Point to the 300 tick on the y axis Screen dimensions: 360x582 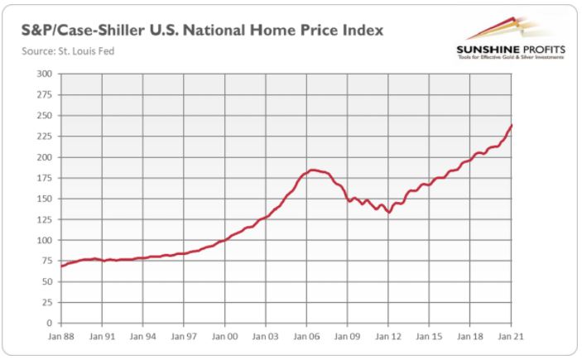pos(46,74)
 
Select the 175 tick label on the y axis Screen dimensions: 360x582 pos(46,178)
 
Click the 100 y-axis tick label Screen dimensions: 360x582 pos(46,240)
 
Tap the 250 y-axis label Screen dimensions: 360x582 pos(46,116)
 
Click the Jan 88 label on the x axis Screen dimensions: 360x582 pos(60,338)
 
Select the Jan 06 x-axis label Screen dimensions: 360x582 pos(307,338)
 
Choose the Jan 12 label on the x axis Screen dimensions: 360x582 pos(389,338)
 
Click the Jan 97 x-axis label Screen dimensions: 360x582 pos(184,338)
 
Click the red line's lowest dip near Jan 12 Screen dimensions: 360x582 pos(389,213)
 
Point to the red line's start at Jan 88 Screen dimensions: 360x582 pos(61,266)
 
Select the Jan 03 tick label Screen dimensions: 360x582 pos(266,338)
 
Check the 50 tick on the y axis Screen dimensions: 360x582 pos(48,282)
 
